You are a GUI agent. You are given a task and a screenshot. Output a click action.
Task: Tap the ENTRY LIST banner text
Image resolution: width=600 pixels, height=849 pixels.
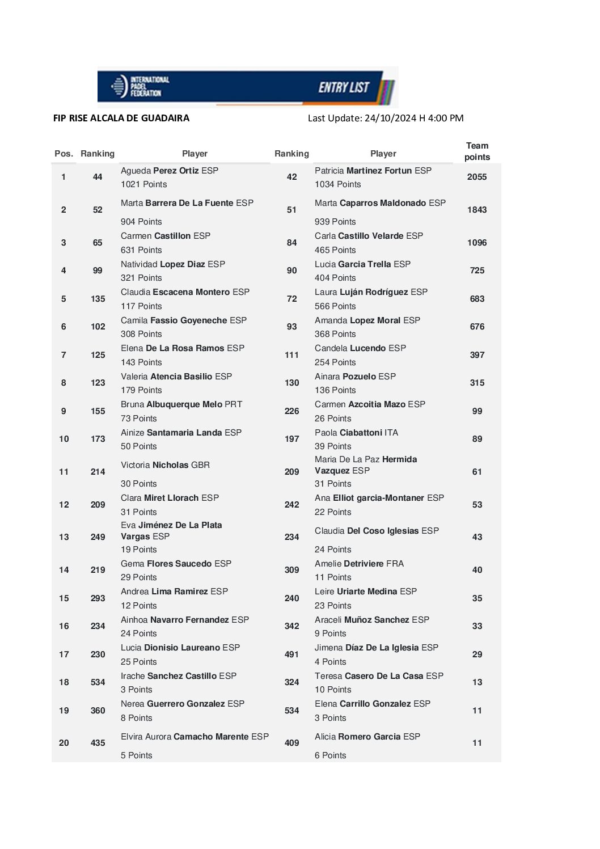344,87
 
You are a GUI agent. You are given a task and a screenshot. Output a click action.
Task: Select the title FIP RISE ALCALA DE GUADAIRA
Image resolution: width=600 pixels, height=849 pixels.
121,118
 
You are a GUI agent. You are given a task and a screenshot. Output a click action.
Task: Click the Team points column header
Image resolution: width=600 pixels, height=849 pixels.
477,151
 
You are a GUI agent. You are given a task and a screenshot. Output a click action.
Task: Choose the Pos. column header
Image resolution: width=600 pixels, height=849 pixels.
64,154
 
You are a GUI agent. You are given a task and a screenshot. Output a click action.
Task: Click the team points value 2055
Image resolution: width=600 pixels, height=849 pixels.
477,177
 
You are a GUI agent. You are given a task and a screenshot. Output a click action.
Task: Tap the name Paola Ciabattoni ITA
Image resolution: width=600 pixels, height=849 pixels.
356,433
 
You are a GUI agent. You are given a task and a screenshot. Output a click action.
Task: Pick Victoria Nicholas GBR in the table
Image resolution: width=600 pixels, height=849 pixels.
165,465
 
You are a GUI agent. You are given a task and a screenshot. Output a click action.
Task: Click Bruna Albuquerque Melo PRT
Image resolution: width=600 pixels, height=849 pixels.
181,404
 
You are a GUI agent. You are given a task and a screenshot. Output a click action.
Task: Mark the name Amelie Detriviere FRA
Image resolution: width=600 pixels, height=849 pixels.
359,564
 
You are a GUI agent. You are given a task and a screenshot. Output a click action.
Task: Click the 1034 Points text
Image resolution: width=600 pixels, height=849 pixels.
337,184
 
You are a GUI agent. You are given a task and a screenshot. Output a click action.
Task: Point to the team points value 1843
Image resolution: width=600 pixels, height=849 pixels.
477,210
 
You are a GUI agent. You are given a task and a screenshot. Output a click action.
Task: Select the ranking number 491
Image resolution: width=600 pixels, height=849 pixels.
291,654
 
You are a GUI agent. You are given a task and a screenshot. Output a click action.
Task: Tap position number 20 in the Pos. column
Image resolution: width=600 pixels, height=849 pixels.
64,743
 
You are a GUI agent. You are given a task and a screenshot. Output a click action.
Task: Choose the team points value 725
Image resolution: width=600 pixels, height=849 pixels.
477,271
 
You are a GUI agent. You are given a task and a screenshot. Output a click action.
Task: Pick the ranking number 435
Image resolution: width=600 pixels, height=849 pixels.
98,743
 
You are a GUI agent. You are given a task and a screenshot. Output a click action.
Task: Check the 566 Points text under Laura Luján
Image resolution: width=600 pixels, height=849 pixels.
335,306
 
